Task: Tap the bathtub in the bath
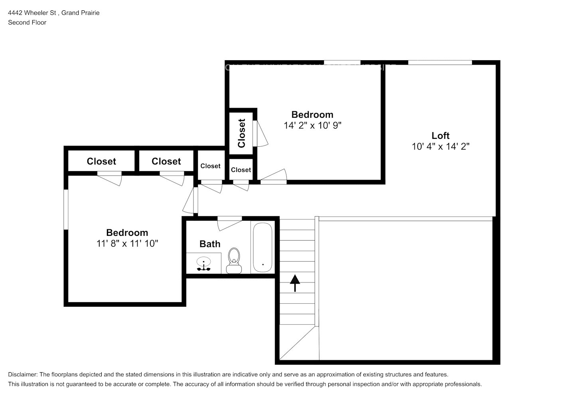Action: click(x=262, y=247)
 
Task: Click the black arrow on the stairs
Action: click(x=295, y=283)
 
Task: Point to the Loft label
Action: click(x=440, y=136)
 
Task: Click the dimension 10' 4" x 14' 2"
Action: click(x=440, y=147)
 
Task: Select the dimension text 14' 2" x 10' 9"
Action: click(x=312, y=126)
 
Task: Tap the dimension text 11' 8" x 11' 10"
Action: click(x=127, y=243)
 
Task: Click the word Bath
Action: click(x=210, y=244)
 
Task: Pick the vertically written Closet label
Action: click(x=241, y=133)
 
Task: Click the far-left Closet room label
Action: click(x=101, y=161)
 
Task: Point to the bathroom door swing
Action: click(x=229, y=223)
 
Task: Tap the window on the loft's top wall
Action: click(x=440, y=62)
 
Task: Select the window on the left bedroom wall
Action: click(x=66, y=209)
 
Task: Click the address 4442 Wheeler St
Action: click(x=32, y=13)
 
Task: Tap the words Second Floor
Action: click(x=27, y=22)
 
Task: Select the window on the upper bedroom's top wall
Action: click(x=342, y=62)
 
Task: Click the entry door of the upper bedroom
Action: click(x=274, y=177)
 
